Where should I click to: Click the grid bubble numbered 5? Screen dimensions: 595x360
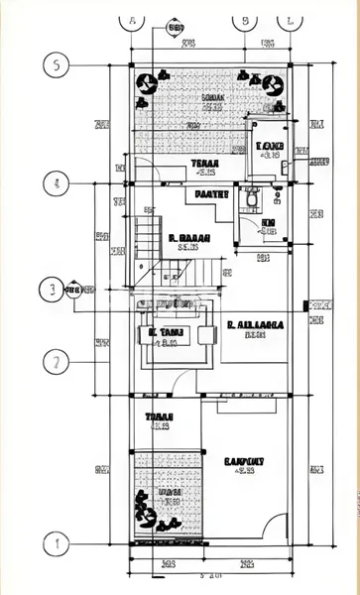click(58, 65)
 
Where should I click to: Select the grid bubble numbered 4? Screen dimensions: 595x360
click(58, 183)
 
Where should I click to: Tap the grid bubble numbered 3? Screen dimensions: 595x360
click(47, 290)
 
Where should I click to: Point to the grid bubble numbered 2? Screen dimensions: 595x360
click(58, 361)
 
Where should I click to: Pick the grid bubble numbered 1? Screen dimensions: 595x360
click(58, 542)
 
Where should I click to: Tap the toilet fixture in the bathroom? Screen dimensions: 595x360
click(254, 199)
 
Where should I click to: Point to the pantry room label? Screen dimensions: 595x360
click(211, 194)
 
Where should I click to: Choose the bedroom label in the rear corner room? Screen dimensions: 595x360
click(270, 148)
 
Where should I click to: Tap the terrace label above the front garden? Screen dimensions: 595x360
click(159, 416)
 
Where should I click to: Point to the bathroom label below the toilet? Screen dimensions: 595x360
click(268, 224)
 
